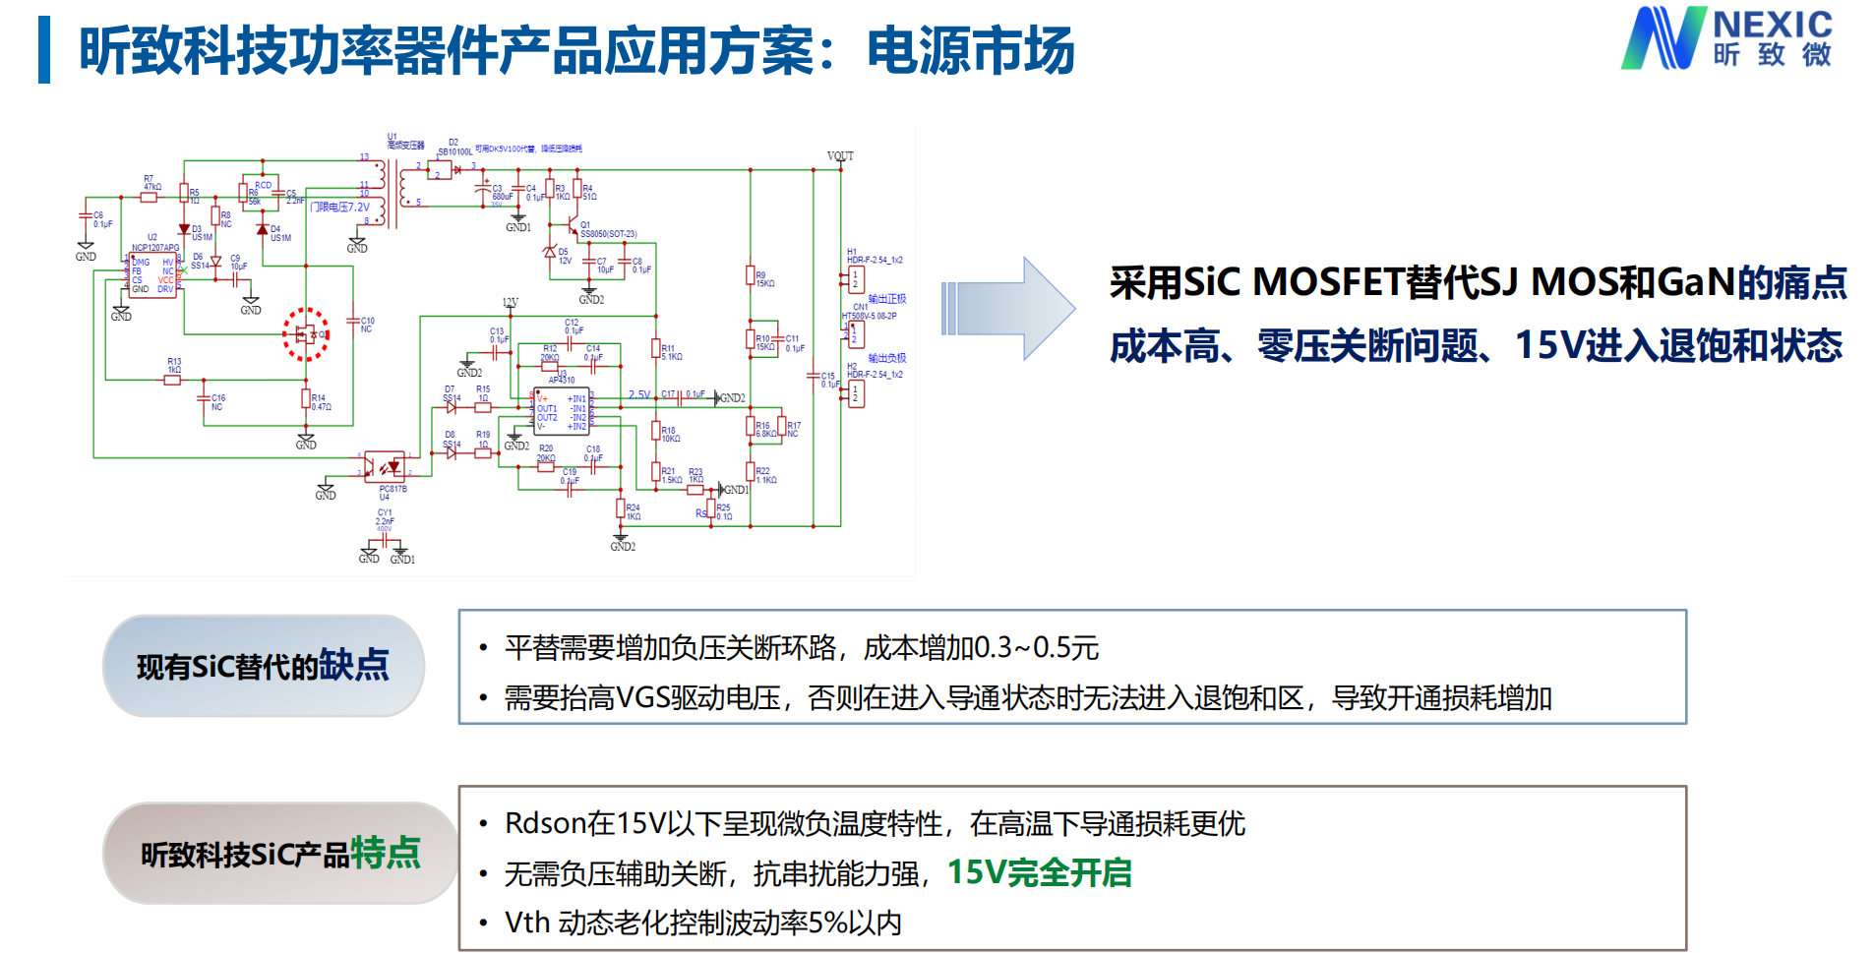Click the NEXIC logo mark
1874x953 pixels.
pos(1662,38)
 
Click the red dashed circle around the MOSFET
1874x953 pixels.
pos(306,334)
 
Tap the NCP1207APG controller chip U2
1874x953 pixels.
pos(153,274)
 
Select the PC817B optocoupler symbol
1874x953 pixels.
pos(384,464)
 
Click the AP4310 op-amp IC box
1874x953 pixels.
pos(561,411)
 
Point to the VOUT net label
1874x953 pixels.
pos(840,156)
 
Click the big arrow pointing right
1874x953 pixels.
pos(1007,309)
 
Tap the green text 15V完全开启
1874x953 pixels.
pos(1039,872)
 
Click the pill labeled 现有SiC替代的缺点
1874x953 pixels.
pos(263,666)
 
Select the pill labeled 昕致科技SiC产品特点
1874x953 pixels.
pos(280,853)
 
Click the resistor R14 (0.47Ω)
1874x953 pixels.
pos(306,398)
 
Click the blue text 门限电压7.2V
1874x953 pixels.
pos(340,208)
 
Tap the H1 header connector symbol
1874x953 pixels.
pos(856,279)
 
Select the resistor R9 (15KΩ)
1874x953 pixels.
pos(751,276)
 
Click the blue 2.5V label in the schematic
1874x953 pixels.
pos(639,394)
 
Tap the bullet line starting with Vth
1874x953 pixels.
pos(702,923)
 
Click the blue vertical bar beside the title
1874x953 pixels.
pos(43,49)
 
